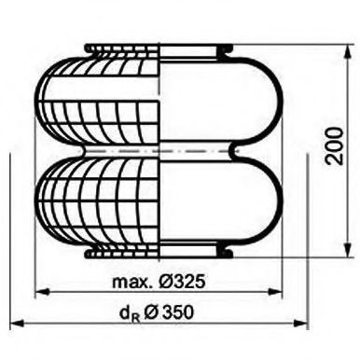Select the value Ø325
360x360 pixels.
[181, 280]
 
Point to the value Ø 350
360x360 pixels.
[173, 312]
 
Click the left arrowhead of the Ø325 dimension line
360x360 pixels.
[38, 293]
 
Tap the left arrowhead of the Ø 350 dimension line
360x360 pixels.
[11, 324]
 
